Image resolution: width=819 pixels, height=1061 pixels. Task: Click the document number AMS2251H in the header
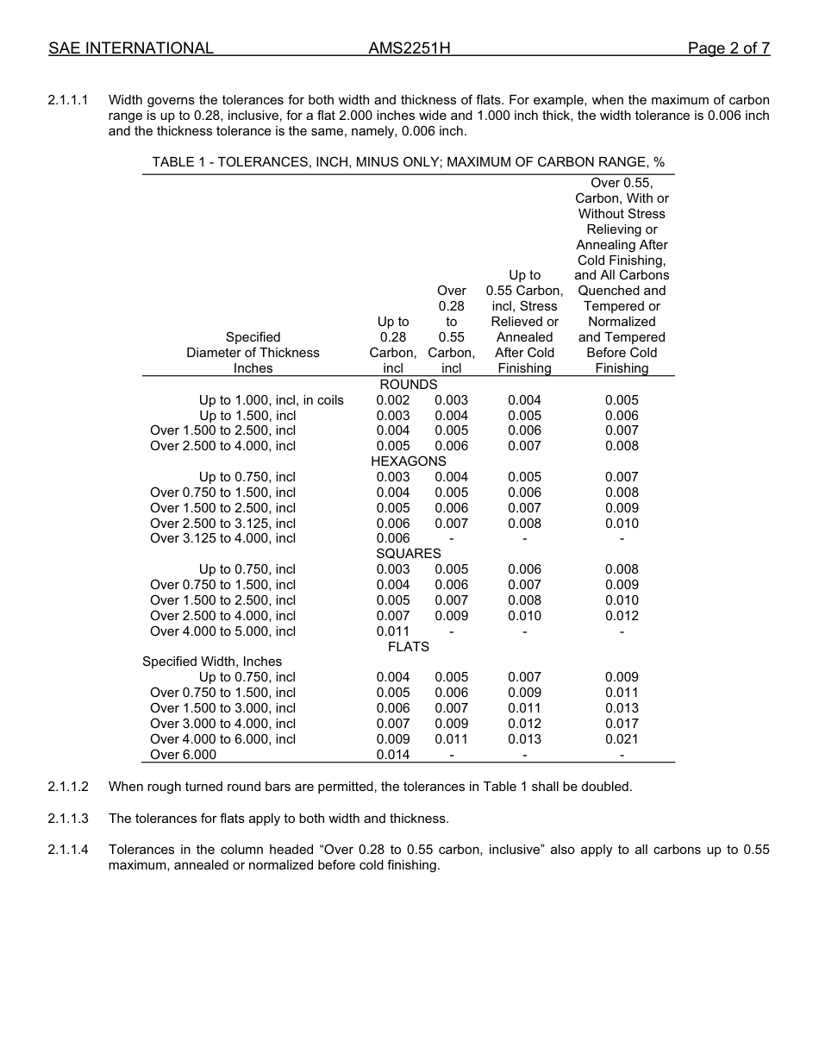tap(409, 48)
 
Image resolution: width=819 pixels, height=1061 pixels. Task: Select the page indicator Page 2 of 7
tap(728, 48)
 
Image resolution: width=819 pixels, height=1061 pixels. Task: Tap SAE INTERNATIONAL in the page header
tap(131, 48)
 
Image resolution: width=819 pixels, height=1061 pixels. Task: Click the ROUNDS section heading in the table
tap(409, 384)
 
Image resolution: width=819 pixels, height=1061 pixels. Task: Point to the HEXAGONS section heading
tap(409, 461)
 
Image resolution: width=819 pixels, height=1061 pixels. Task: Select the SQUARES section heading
tap(409, 554)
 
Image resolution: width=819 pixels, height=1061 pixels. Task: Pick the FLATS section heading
tap(409, 646)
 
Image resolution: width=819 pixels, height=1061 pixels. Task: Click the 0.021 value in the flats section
tap(622, 739)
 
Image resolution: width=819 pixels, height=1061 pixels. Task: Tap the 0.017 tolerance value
tap(622, 724)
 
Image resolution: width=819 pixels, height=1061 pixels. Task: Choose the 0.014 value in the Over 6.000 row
tap(393, 755)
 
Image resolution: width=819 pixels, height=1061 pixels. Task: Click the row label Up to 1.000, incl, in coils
tap(271, 399)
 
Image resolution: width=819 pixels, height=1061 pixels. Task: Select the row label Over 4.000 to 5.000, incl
tap(222, 631)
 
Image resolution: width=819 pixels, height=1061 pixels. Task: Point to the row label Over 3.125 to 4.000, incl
tap(222, 538)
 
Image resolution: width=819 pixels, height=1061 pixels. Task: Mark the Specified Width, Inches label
tap(212, 662)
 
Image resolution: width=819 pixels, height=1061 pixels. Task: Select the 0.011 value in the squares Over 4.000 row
tap(393, 631)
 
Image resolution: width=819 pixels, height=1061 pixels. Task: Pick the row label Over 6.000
tap(183, 755)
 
